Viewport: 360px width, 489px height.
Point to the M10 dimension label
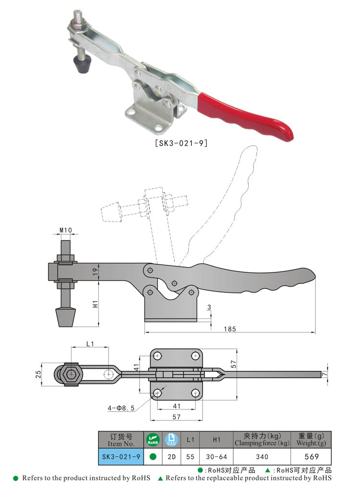pyautogui.click(x=65, y=231)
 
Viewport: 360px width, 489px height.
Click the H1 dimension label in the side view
pyautogui.click(x=96, y=304)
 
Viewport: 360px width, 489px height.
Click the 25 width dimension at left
pyautogui.click(x=37, y=374)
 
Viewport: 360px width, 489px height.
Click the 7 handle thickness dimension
pyautogui.click(x=324, y=374)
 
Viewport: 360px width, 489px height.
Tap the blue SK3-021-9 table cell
pyautogui.click(x=120, y=457)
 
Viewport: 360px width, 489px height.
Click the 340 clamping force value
pyautogui.click(x=262, y=457)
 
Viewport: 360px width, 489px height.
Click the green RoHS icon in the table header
pyautogui.click(x=153, y=439)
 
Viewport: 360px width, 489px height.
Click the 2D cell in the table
pyautogui.click(x=171, y=457)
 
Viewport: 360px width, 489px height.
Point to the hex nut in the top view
pyautogui.click(x=71, y=374)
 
